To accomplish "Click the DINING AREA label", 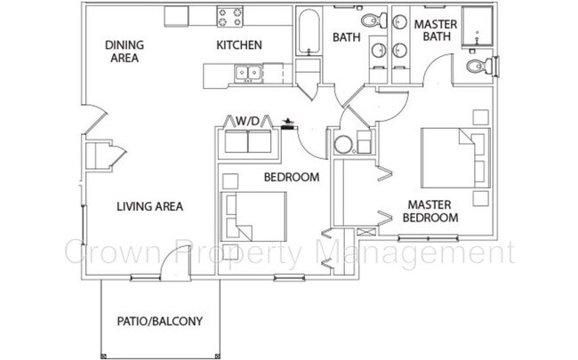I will [x=124, y=52].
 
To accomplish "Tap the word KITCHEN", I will [x=238, y=44].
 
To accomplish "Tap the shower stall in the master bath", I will [x=478, y=30].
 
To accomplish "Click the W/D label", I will [x=248, y=120].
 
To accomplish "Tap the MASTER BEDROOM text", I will [x=430, y=211].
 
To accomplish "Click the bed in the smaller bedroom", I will [x=256, y=216].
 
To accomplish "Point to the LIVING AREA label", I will [x=150, y=207].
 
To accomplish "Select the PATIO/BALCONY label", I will [x=160, y=321].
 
